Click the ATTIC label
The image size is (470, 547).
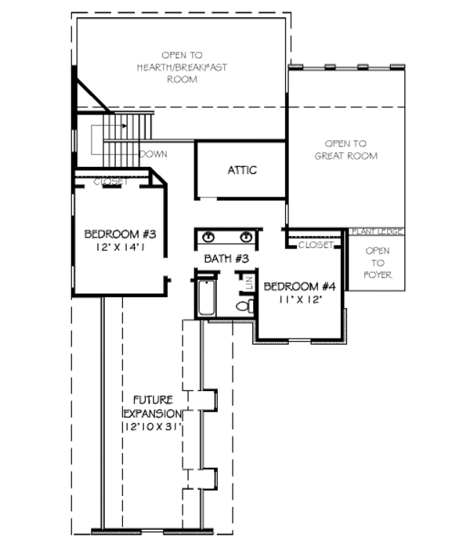[242, 170]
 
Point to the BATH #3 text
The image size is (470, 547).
[226, 258]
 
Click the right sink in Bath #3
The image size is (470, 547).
[246, 237]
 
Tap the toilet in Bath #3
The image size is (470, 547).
[243, 306]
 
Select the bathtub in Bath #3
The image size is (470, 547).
[206, 297]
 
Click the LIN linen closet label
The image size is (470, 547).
[249, 282]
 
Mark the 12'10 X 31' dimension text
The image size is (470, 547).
[152, 427]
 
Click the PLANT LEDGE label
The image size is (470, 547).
[376, 232]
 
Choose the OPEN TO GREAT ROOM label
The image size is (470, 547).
[345, 150]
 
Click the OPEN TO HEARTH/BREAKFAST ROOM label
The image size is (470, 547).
[182, 67]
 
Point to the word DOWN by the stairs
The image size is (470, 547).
[153, 154]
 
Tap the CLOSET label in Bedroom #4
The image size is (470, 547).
[316, 245]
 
